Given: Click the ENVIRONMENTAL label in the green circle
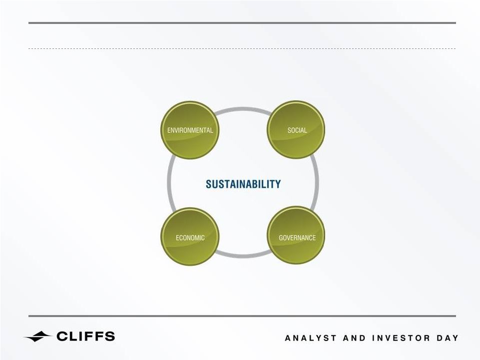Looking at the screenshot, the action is pos(190,130).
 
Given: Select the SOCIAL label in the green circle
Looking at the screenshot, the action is pos(297,130).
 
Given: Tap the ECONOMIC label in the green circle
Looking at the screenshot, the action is pos(190,238).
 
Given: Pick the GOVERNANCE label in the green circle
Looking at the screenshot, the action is pos(297,238).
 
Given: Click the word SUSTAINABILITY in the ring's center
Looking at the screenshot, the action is pos(243,184).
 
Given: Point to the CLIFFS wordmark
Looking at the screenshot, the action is pos(86,336).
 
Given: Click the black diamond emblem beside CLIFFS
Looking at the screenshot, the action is pos(38,337).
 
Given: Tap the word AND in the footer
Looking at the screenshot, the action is pos(354,338).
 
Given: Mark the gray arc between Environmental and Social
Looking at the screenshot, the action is pos(243,108).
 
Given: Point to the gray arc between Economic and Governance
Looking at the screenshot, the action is pos(243,257).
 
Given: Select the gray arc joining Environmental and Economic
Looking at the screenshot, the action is pos(169,183).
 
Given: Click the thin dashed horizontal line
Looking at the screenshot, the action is pos(242,48).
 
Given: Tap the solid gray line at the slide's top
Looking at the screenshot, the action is pos(242,22).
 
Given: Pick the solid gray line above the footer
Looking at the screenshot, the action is pos(242,316).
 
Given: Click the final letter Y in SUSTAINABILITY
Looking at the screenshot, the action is pos(278,184).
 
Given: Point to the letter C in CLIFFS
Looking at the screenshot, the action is pos(61,336).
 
